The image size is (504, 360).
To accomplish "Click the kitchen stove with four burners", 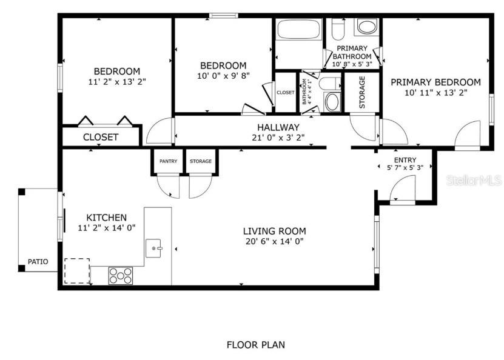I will pos(120,276).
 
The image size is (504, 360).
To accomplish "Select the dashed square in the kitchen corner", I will pos(77,271).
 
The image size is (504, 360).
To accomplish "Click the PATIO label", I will pos(37,262).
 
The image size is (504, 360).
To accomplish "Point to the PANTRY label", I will pos(168,161).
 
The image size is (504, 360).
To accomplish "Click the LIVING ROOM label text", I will pos(274,231).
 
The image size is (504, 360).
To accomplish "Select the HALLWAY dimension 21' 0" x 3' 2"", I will pos(278,138).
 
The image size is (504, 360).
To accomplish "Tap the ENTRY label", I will pos(405,159).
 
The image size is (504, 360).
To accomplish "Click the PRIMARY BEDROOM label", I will pos(435,82).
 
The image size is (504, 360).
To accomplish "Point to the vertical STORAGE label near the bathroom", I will pos(362,92).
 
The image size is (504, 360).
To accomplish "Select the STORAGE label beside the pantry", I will pos(201,161).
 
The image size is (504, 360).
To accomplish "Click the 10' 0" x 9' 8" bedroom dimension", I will pos(223,76).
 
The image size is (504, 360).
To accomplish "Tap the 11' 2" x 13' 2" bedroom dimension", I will pos(116,81).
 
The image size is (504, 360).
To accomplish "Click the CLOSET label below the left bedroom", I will pos(101,137).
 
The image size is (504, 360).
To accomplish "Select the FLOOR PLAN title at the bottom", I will pos(255,345).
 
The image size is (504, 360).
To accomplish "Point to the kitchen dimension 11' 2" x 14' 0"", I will pos(106,228).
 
